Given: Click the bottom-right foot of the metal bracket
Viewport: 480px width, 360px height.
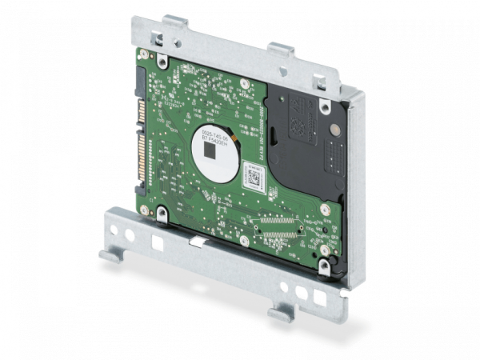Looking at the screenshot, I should [280, 314].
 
